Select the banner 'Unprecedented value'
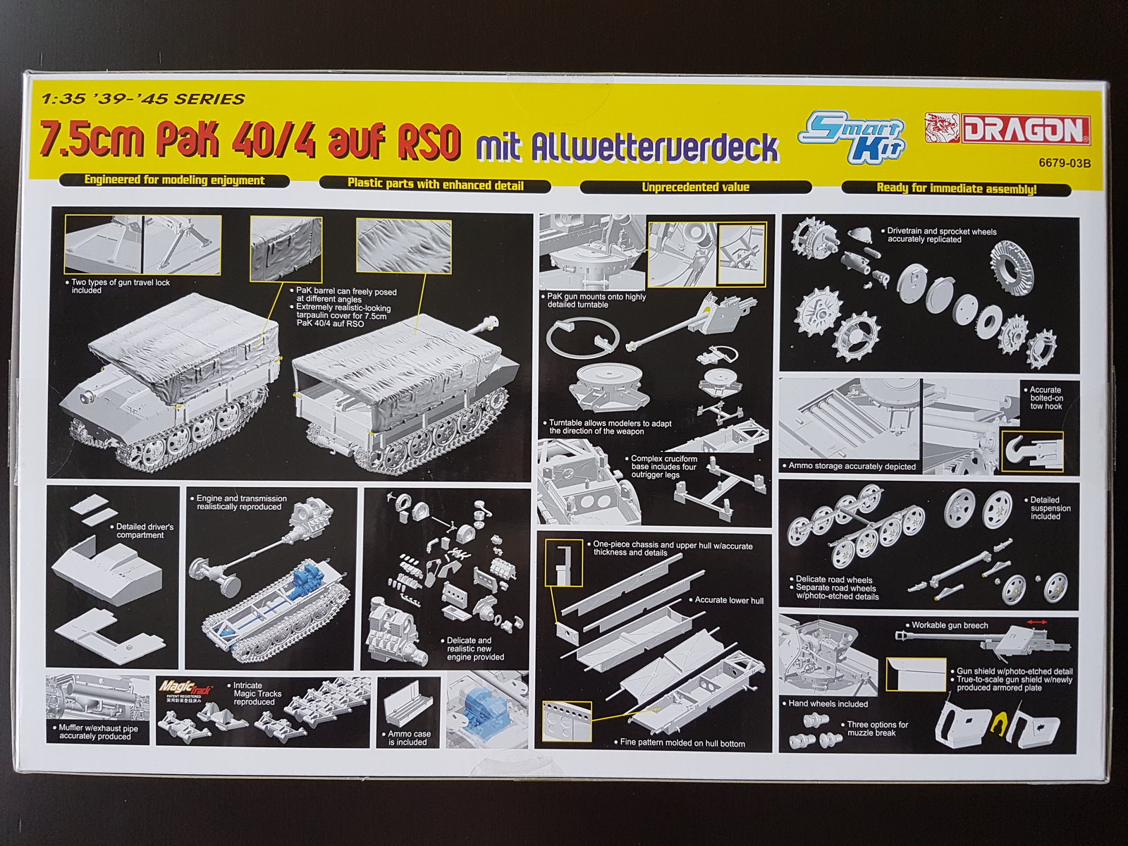click(695, 187)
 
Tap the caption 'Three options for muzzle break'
click(877, 728)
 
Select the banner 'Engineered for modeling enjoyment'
click(173, 180)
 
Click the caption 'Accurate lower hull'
click(729, 600)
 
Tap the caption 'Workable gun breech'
click(950, 625)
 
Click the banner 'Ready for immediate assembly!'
click(956, 188)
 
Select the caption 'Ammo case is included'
click(409, 737)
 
